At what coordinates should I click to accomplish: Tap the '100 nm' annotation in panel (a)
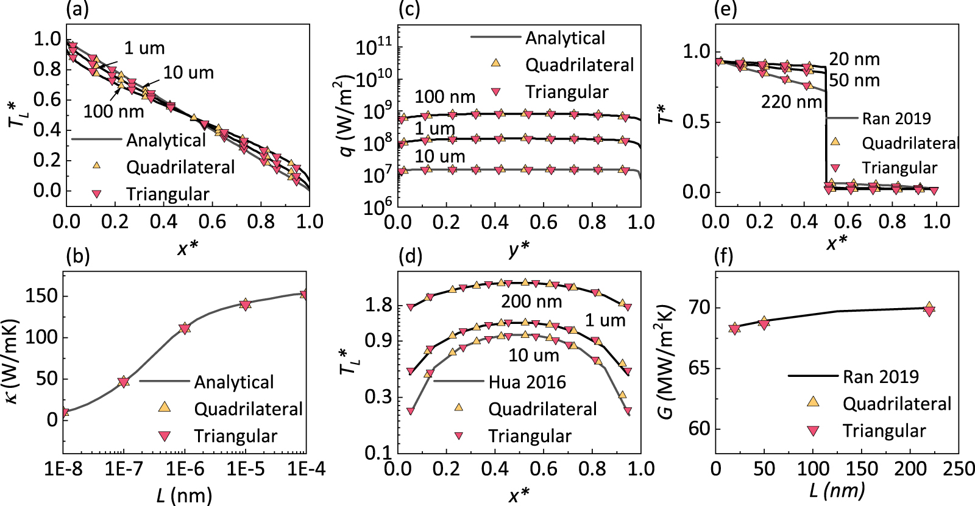(x=113, y=111)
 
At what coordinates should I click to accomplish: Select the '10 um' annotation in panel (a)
(x=188, y=73)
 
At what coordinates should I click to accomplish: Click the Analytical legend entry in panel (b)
(x=233, y=382)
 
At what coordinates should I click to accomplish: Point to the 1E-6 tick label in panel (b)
(x=185, y=469)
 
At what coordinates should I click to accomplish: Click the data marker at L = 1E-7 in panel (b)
(x=124, y=382)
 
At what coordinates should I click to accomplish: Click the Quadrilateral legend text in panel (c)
(x=579, y=65)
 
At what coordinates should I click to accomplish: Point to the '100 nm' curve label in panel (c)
(x=445, y=97)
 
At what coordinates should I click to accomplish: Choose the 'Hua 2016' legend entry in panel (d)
(x=526, y=382)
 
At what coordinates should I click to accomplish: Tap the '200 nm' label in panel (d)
(x=531, y=301)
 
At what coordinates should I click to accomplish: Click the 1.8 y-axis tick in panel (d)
(x=377, y=305)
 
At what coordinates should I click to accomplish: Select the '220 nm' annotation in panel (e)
(x=791, y=102)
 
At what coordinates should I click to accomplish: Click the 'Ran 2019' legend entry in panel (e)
(x=896, y=118)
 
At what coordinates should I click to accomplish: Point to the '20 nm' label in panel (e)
(x=854, y=59)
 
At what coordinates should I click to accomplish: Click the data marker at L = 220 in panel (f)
(x=929, y=309)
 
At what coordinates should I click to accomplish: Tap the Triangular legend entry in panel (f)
(x=884, y=431)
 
